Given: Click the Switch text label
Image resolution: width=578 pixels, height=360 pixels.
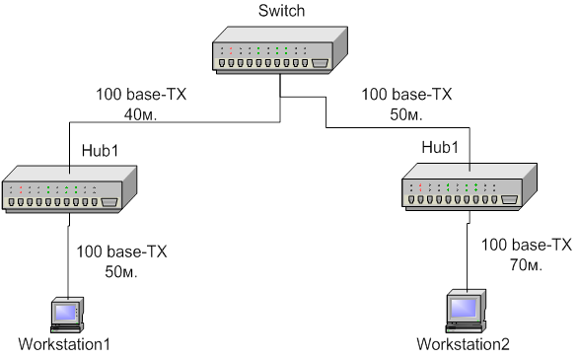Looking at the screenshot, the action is [282, 11].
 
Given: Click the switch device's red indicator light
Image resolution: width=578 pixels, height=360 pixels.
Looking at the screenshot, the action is [231, 50].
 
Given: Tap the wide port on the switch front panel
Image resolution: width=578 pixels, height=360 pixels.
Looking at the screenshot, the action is [320, 63].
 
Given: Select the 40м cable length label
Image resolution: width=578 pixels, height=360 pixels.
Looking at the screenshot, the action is [140, 115].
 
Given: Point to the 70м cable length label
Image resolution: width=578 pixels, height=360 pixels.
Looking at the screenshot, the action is [526, 264].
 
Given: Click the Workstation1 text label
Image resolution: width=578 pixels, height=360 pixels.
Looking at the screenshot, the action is [64, 344].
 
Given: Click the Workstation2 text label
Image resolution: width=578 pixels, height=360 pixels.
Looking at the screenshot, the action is [463, 344].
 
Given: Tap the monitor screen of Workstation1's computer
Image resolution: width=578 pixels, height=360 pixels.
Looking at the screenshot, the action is [66, 313].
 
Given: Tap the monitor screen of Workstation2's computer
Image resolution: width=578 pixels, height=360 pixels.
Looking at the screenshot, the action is [464, 308].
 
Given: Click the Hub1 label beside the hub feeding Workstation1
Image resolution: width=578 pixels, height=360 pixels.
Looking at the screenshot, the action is [100, 151].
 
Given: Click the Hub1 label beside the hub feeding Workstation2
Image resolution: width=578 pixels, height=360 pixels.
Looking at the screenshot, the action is [440, 147].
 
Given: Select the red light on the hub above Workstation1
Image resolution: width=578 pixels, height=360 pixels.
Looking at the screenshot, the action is [21, 189].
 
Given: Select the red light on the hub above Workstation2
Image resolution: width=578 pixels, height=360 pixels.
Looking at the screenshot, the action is [420, 187].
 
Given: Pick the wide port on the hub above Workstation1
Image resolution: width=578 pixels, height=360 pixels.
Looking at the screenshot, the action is [109, 202].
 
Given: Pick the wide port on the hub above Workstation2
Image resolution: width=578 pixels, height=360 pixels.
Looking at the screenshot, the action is [509, 199].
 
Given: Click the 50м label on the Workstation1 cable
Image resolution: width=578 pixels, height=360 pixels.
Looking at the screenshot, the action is [121, 272].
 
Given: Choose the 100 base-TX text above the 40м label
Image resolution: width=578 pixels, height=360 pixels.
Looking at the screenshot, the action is [141, 95].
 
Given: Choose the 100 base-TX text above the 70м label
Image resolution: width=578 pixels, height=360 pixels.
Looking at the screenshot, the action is [527, 245].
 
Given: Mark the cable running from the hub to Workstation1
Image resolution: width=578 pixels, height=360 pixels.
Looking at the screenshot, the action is [68, 256].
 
